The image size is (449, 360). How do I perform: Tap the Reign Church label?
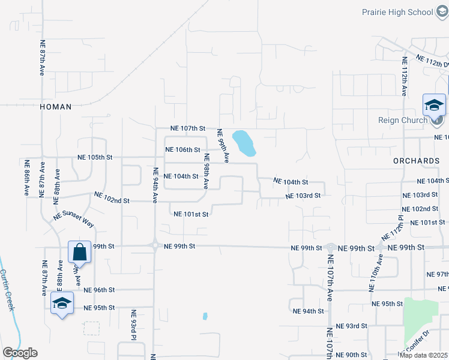(402, 120)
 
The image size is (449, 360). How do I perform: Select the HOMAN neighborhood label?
(55, 107)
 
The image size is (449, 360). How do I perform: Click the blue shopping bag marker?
(79, 252)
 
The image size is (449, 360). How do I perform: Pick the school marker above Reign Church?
(434, 106)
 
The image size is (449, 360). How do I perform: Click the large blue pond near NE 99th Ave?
(244, 142)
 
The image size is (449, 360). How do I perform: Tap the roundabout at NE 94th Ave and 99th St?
(155, 245)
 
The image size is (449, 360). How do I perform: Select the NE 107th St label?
(188, 128)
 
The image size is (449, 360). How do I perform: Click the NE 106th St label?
(182, 149)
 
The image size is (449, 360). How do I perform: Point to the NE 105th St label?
(95, 157)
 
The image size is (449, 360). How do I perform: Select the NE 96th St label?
(99, 290)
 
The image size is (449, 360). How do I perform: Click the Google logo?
(20, 353)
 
